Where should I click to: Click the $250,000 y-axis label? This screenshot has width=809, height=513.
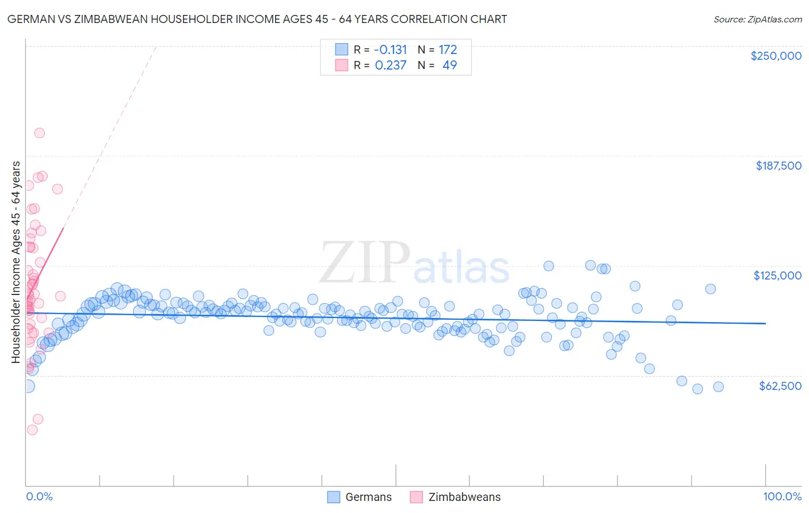click(776, 56)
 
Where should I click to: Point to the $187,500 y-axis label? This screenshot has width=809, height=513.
click(779, 166)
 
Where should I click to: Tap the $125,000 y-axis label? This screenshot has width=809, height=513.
click(777, 275)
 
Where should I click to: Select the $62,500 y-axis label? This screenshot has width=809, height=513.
click(780, 386)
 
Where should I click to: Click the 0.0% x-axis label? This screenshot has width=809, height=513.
click(39, 496)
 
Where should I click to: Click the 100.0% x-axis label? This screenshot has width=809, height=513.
click(782, 496)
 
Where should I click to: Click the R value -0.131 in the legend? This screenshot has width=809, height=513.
click(391, 49)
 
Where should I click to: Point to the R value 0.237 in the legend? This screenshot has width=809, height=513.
click(391, 65)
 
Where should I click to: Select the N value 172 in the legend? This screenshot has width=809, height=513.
click(448, 49)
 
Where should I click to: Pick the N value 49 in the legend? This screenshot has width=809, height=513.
click(449, 65)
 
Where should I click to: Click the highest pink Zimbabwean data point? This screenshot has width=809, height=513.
click(40, 133)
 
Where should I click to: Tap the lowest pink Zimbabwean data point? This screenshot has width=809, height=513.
click(32, 430)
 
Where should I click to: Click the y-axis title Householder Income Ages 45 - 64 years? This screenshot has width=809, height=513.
click(16, 262)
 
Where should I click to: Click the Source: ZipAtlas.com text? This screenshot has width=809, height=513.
click(757, 19)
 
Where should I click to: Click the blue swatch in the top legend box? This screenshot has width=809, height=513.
click(342, 49)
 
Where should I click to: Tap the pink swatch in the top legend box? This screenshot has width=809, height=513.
click(342, 65)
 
